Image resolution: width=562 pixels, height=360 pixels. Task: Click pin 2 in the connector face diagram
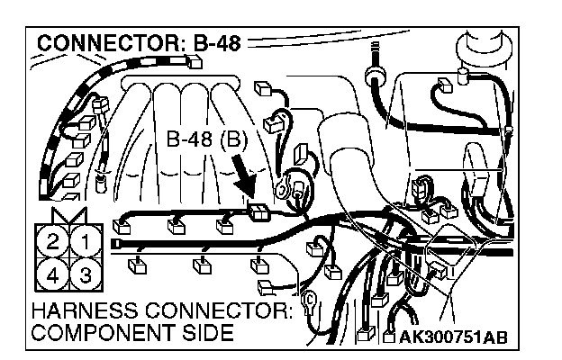(x=55, y=240)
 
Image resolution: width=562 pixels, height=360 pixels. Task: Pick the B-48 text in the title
(x=214, y=43)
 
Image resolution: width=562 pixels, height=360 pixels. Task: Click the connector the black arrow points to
(x=258, y=213)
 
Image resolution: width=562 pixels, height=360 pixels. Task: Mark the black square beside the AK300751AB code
(x=389, y=337)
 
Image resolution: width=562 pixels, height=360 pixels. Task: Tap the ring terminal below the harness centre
(x=308, y=298)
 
